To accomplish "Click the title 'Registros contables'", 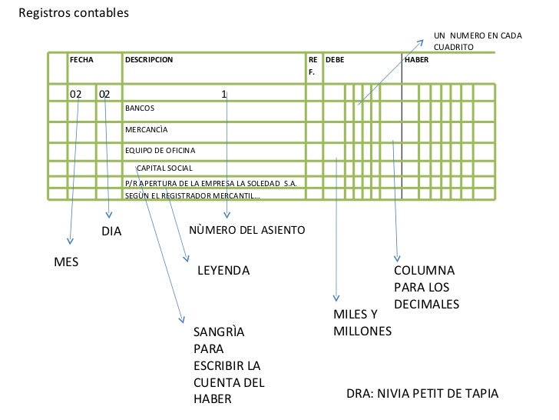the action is (x=74, y=14).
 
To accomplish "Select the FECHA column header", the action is (x=81, y=58).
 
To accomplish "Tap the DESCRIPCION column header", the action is (x=149, y=58).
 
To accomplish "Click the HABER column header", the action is (x=416, y=58).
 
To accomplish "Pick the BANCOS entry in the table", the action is (x=140, y=108).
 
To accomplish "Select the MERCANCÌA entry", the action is (x=146, y=129).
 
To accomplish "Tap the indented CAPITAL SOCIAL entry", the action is (x=164, y=168).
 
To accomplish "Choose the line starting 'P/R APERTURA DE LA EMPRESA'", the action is (x=210, y=183).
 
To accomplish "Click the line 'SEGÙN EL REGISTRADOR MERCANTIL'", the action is (x=192, y=195).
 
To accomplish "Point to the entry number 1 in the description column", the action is (x=223, y=94).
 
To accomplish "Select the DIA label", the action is (x=112, y=232).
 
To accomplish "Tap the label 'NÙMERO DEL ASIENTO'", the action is (x=246, y=231).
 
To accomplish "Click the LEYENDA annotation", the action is (x=223, y=272).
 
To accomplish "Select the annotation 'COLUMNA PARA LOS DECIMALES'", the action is (x=426, y=288).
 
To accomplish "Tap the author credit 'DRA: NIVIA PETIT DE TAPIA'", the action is (x=422, y=394).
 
